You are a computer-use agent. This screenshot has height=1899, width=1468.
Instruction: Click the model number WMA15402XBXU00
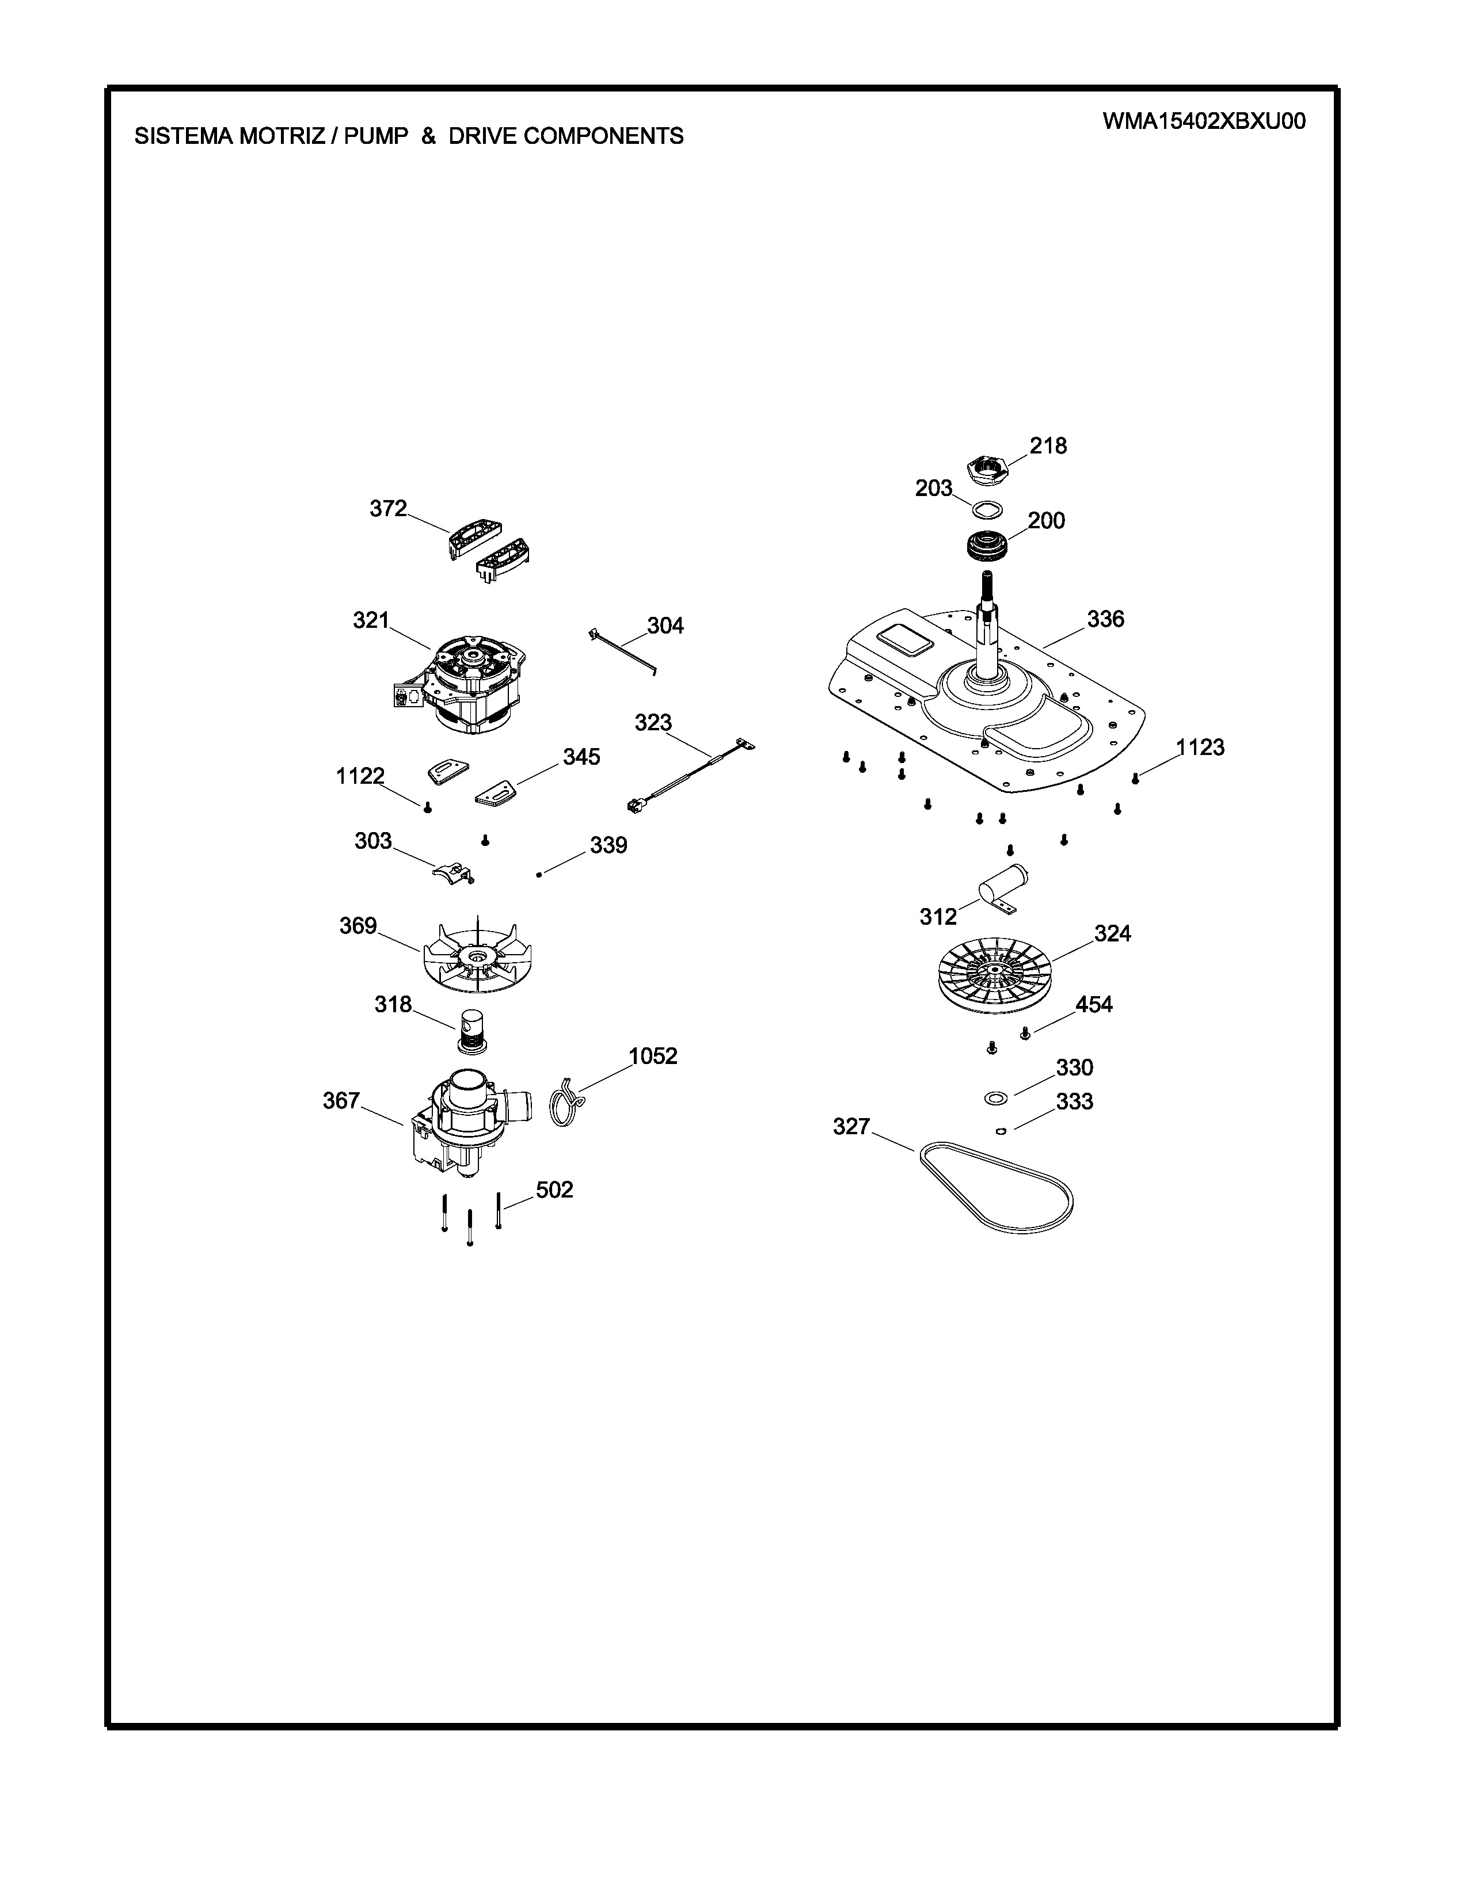pos(1204,121)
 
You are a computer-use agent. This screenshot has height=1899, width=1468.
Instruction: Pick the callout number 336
pos(1105,619)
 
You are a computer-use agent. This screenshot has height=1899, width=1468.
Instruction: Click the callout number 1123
pos(1200,747)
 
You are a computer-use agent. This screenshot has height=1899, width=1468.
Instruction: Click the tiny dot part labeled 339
pos(539,875)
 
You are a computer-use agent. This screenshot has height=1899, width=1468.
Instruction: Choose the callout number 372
pos(388,509)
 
